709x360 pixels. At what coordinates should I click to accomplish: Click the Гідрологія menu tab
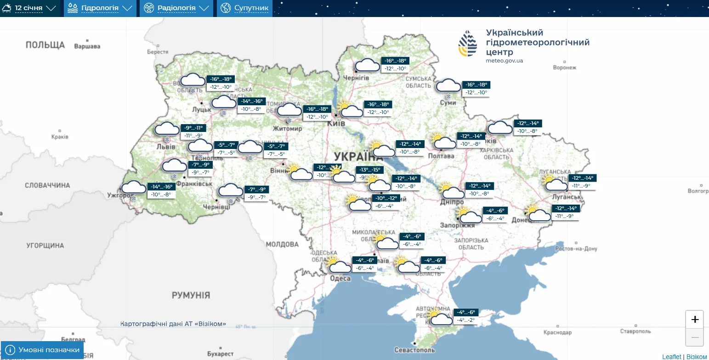point(100,8)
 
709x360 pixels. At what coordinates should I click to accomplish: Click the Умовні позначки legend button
point(42,350)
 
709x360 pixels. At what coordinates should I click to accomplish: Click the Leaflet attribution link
point(671,357)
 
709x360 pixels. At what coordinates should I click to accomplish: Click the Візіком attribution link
point(697,357)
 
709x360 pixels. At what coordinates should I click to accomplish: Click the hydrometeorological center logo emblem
point(468,44)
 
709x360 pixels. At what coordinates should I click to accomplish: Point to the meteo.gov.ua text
point(504,60)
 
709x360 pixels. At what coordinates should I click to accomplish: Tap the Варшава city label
point(87,46)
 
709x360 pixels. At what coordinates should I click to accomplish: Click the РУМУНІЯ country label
point(191,295)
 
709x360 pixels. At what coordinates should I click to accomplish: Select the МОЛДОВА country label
point(282,244)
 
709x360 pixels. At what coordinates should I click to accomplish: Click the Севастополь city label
point(414,350)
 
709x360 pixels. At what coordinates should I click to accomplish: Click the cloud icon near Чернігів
point(367,65)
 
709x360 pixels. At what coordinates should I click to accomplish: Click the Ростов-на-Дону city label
point(576,249)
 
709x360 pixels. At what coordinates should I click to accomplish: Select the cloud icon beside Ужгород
point(133,188)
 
